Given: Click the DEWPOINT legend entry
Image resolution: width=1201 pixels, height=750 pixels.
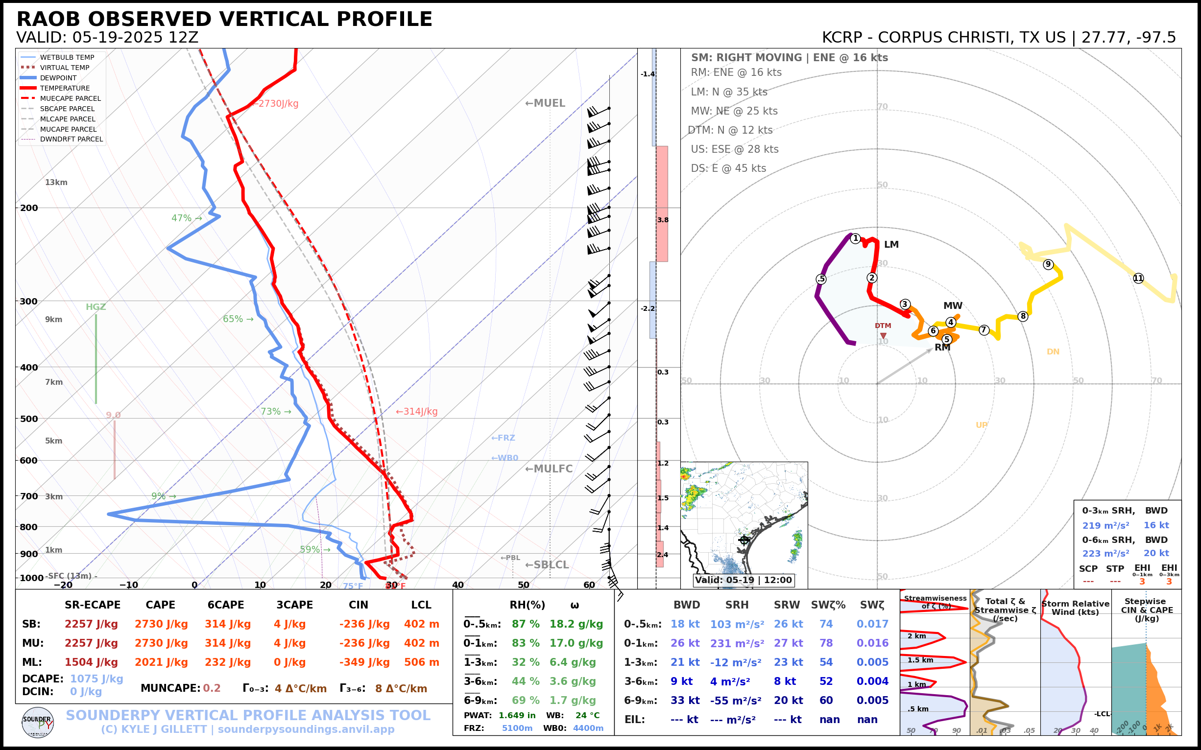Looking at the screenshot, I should click(x=58, y=78).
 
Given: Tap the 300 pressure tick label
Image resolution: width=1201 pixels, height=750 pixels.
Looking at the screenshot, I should click(x=29, y=301).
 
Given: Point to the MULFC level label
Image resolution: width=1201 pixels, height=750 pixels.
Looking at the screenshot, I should click(x=549, y=469).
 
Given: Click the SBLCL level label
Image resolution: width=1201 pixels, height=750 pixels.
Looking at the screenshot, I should click(x=547, y=564).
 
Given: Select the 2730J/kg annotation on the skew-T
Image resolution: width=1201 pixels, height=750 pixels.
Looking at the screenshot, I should click(x=276, y=104).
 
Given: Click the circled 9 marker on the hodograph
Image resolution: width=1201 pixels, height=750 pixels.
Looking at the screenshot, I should click(x=1048, y=264).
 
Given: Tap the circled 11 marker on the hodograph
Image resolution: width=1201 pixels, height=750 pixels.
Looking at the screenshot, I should click(x=1138, y=278).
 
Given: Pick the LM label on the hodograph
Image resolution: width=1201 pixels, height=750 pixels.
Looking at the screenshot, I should click(x=891, y=245).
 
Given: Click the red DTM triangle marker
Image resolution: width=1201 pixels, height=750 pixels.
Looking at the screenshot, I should click(x=884, y=336).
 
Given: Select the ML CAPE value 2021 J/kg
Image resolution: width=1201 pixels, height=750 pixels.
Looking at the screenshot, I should click(x=161, y=662).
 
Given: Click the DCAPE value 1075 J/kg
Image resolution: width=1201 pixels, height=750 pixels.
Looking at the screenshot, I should click(x=97, y=679).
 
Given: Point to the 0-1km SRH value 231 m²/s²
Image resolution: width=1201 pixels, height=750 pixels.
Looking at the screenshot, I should click(x=737, y=643).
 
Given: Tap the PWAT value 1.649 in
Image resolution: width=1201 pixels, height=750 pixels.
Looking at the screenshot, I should click(x=517, y=715).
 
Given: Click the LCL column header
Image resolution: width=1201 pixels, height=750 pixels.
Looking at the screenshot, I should click(x=421, y=605).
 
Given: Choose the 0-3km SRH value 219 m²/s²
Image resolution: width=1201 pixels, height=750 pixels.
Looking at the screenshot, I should click(x=1105, y=525).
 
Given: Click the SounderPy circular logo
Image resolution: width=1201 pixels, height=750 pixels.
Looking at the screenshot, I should click(x=38, y=722).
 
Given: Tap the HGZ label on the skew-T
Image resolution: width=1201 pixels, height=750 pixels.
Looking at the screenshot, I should click(x=96, y=307).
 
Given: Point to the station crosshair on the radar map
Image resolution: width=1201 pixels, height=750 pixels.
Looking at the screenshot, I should click(x=744, y=539).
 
